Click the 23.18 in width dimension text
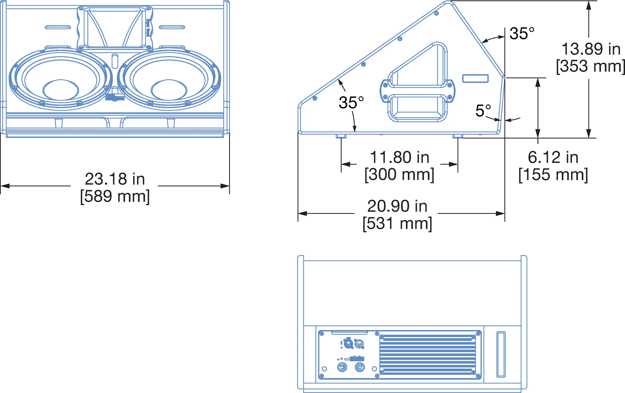pyautogui.click(x=115, y=179)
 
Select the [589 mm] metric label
pyautogui.click(x=115, y=196)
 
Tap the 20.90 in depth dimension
pyautogui.click(x=397, y=206)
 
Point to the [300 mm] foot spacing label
pyautogui.click(x=399, y=175)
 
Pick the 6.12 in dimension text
pyautogui.click(x=553, y=157)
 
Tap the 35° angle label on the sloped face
pyautogui.click(x=351, y=102)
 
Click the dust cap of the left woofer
pyautogui.click(x=60, y=90)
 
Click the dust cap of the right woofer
pyautogui.click(x=169, y=90)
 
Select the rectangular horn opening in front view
pyautogui.click(x=114, y=28)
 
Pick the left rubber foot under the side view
pyautogui.click(x=341, y=136)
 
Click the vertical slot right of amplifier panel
pyautogui.click(x=501, y=354)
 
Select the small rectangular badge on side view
pyautogui.click(x=475, y=78)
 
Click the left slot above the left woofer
pyautogui.click(x=57, y=27)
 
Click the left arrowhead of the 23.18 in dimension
pyautogui.click(x=5, y=186)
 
